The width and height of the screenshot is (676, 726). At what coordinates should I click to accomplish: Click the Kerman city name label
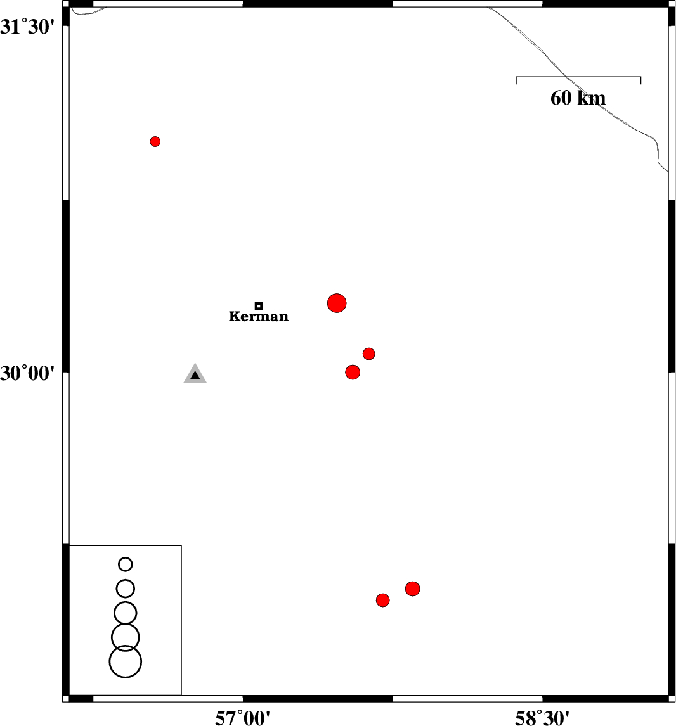259,316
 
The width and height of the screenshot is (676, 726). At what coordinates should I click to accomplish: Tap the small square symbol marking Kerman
259,305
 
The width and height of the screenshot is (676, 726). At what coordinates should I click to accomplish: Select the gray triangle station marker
195,374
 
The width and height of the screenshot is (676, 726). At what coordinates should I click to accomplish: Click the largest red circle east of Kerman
337,303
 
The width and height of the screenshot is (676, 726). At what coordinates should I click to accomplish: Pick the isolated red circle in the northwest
155,142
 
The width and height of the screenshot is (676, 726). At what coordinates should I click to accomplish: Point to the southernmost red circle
383,601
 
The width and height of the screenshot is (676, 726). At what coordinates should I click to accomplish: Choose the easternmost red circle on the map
412,589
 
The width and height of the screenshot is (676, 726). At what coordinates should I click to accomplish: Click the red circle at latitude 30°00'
353,373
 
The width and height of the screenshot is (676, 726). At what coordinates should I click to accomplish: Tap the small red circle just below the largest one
369,354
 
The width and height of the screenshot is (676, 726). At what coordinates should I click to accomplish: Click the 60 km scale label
578,98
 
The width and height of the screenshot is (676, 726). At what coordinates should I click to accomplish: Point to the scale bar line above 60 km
578,77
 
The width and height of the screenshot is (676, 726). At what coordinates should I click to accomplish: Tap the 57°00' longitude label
242,718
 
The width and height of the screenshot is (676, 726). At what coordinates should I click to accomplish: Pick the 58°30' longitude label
542,718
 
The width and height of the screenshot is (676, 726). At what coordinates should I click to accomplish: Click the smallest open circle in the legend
126,564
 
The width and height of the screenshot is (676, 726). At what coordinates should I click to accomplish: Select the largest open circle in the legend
126,661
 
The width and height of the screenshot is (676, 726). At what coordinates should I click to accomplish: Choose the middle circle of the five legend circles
126,613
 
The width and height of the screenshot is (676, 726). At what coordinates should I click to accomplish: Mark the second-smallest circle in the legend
126,589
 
